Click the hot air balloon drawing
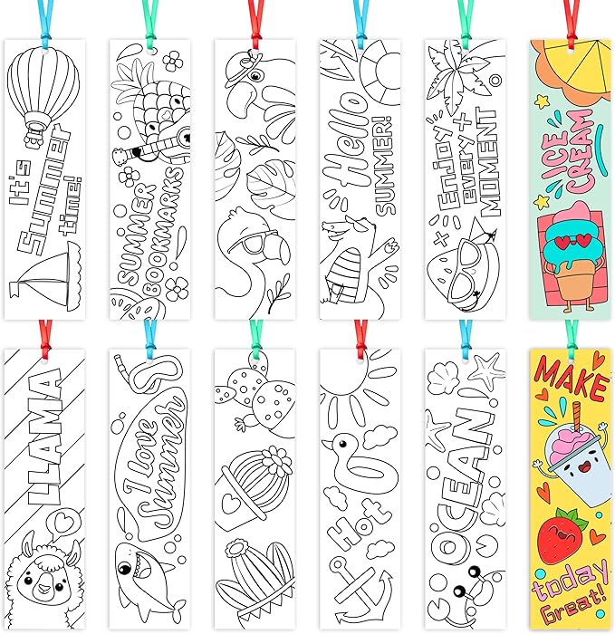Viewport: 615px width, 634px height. coord(40,91)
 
